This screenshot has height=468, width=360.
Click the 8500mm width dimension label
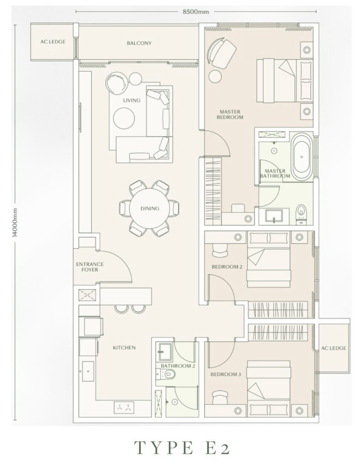tap(196, 12)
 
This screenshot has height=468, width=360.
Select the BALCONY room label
tap(139, 43)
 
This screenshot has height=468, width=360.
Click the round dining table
tap(150, 208)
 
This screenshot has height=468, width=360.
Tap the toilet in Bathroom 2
tap(166, 373)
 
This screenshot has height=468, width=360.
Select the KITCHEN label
tap(124, 348)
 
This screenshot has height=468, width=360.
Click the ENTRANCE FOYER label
tap(90, 267)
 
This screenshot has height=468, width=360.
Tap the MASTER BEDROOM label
tap(230, 115)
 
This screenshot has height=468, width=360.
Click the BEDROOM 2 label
tap(227, 267)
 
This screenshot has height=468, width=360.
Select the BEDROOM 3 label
tap(226, 375)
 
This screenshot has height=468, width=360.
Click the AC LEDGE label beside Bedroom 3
tap(334, 348)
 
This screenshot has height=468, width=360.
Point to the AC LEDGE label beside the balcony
tap(53, 42)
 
